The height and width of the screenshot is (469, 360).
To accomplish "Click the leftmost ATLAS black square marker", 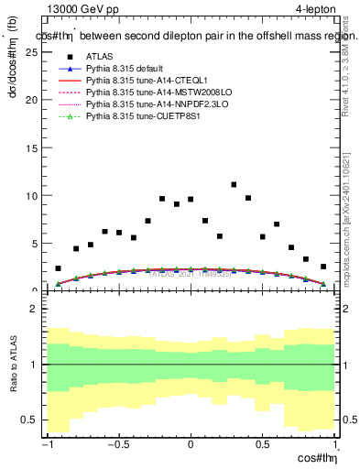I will click(58, 268).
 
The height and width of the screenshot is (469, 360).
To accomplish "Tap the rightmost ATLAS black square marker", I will click(322, 267).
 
